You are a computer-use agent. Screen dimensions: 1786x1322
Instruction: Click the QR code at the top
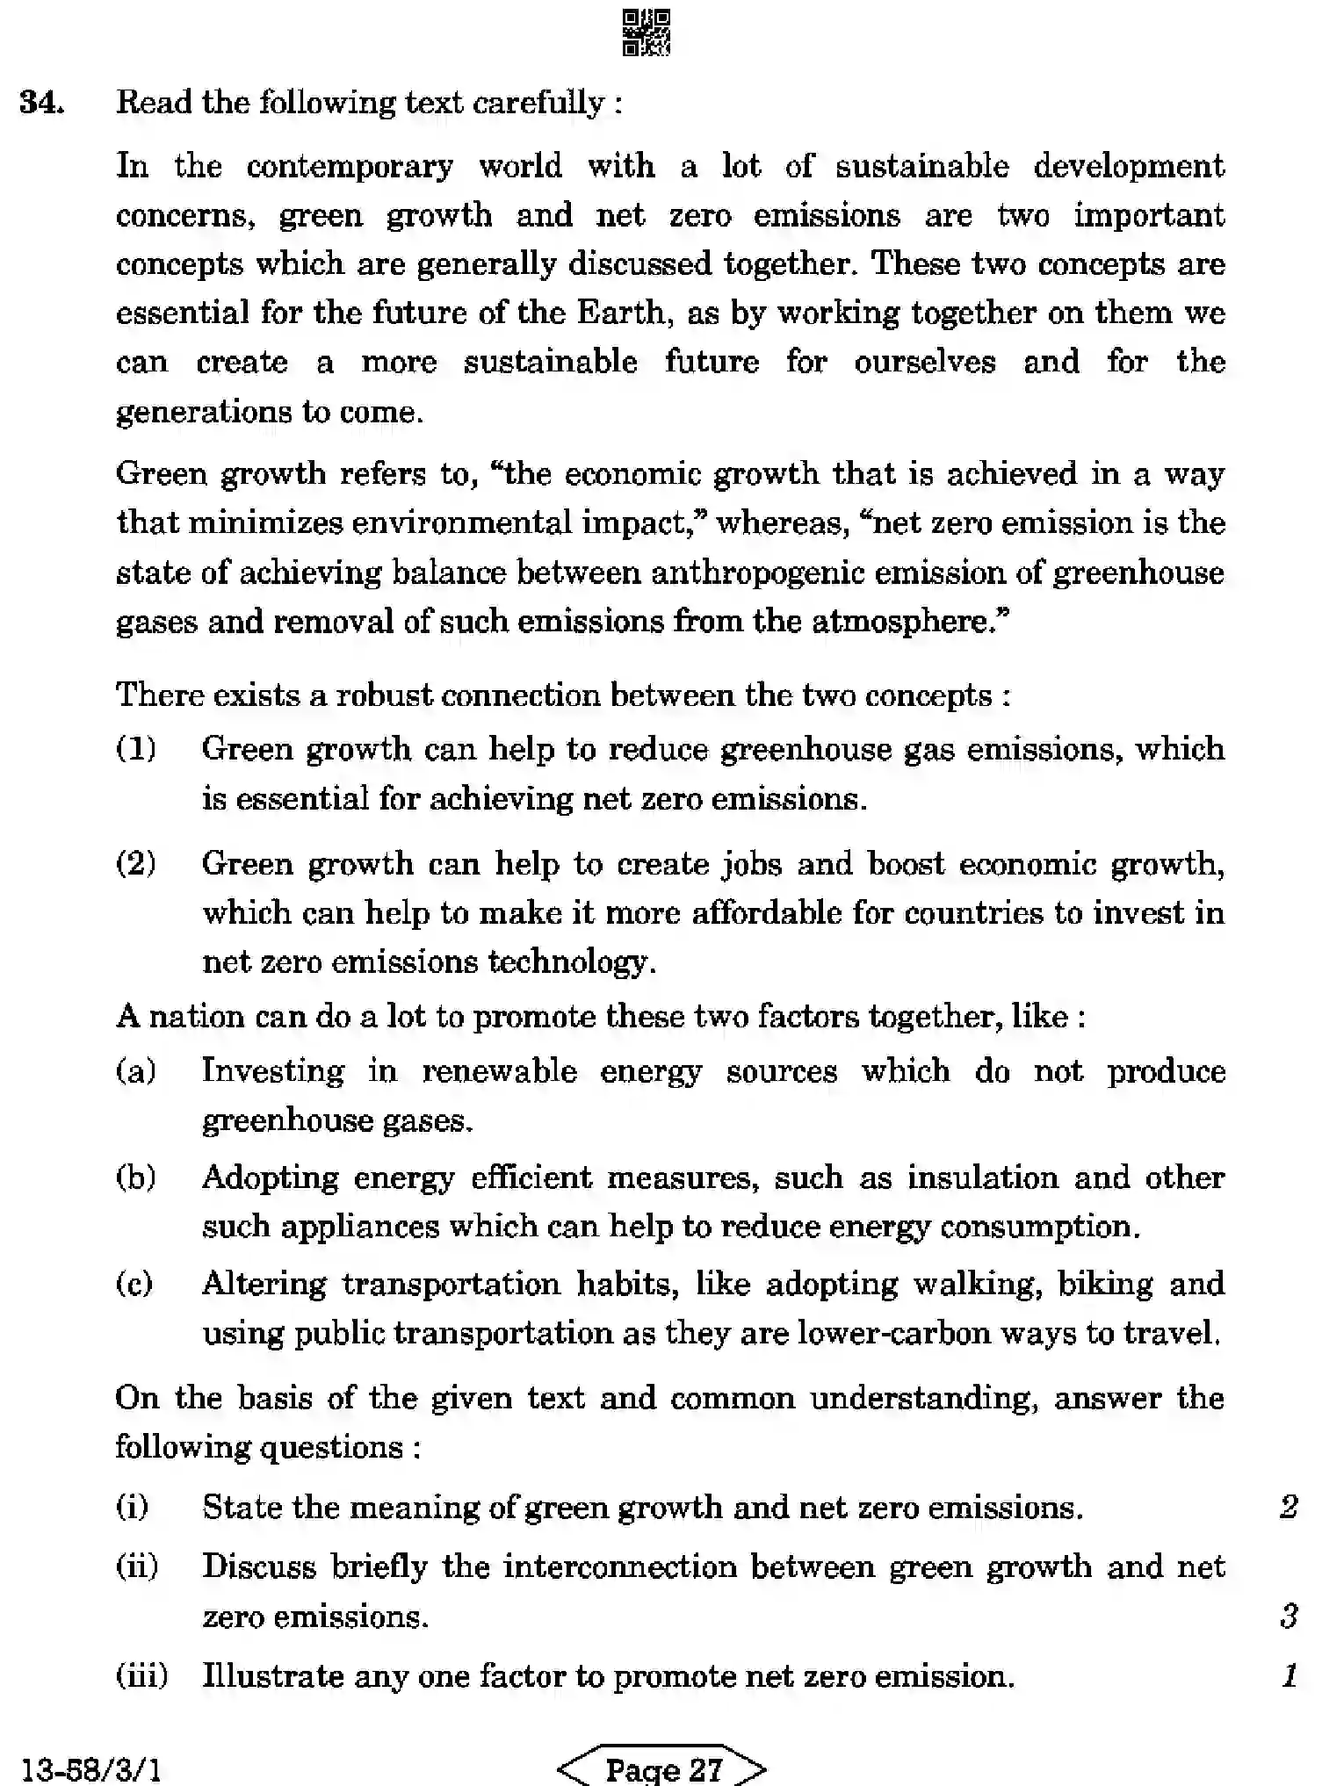click(646, 32)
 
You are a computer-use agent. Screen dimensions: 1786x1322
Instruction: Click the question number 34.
click(41, 103)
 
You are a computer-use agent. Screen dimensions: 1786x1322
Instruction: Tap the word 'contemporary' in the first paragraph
click(349, 166)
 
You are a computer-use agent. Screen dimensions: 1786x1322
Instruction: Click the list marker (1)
click(136, 749)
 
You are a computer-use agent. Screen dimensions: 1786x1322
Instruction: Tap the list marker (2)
click(136, 863)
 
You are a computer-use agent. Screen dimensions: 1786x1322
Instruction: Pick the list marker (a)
click(136, 1071)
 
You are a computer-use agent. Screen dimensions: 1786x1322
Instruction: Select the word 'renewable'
click(499, 1071)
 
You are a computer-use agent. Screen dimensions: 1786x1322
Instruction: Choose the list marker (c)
click(134, 1284)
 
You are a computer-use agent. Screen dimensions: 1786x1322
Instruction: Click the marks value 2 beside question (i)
click(1289, 1507)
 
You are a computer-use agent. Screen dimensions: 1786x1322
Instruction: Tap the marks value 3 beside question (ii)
click(1289, 1616)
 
